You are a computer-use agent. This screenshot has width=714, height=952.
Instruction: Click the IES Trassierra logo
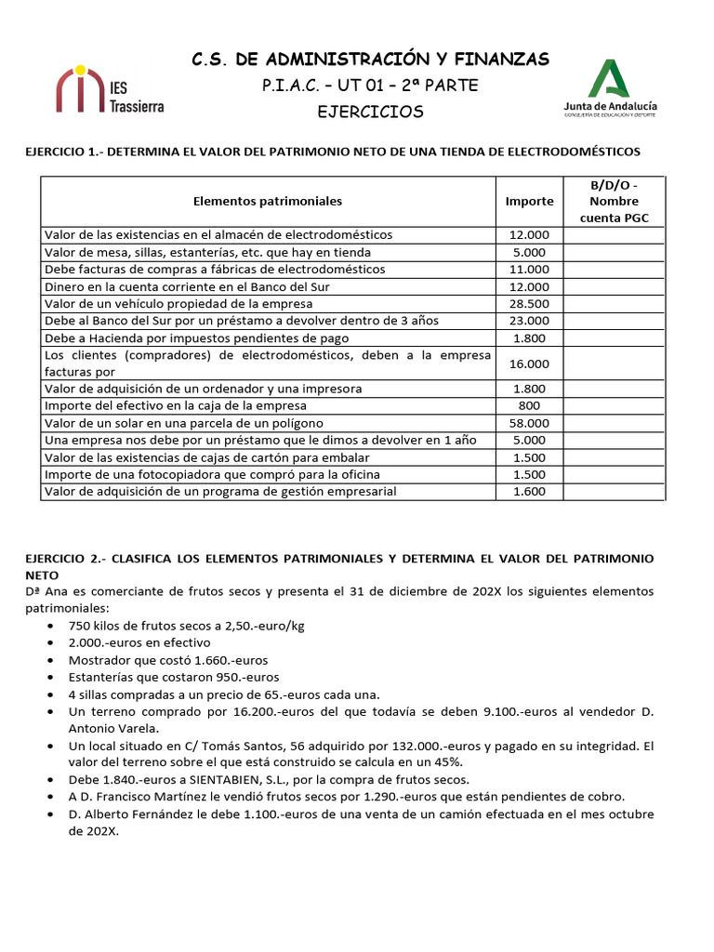[x=110, y=91]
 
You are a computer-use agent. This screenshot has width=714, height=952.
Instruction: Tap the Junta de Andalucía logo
[x=609, y=89]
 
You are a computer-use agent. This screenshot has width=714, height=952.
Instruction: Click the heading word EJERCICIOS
[x=370, y=112]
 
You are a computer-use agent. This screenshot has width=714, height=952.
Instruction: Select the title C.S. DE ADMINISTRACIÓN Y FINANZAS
[x=370, y=60]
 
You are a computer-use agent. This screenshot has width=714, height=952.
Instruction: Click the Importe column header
[x=529, y=201]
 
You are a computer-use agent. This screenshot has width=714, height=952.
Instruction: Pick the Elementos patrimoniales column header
[x=268, y=201]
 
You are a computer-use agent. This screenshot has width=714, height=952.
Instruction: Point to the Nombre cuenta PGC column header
[x=614, y=202]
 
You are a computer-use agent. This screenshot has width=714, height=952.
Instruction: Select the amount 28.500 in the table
[x=529, y=304]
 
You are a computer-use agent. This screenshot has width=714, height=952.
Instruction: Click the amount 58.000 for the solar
[x=529, y=423]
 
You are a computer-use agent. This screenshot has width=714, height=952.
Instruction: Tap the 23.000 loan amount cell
[x=529, y=321]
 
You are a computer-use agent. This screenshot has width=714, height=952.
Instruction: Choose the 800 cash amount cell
[x=529, y=405]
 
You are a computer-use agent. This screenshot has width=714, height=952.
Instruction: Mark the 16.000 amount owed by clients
[x=529, y=364]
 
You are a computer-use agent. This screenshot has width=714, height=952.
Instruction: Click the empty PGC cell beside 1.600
[x=614, y=492]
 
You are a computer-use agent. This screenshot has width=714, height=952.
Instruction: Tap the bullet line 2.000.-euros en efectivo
[x=139, y=642]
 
